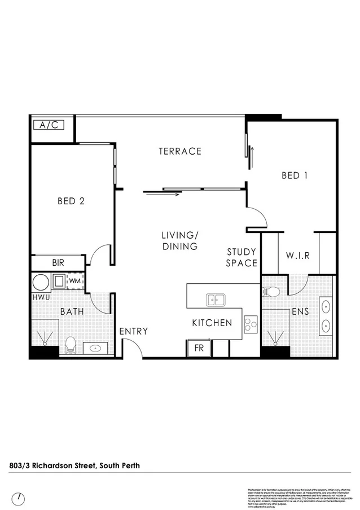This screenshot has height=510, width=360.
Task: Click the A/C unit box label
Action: point(49,125)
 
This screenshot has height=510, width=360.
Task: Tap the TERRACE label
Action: point(180,151)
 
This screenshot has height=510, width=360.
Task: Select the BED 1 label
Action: point(295,175)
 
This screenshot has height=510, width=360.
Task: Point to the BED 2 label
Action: point(71,201)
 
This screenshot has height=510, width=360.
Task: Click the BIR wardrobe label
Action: point(58,262)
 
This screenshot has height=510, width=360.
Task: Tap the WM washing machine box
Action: point(74,280)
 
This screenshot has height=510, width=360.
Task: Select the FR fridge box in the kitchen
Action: point(199,348)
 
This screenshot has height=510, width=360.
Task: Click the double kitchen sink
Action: point(215,299)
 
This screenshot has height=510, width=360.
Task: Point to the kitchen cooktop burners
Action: point(251,323)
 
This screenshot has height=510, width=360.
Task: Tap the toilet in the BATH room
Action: point(71,345)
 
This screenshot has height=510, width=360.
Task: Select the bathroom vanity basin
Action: point(93,348)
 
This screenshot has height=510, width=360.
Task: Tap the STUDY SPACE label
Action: point(242,257)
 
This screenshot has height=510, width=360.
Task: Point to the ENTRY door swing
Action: point(132,350)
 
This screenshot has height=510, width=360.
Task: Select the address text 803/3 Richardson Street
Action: point(74,465)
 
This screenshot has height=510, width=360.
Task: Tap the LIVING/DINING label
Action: point(180,241)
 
